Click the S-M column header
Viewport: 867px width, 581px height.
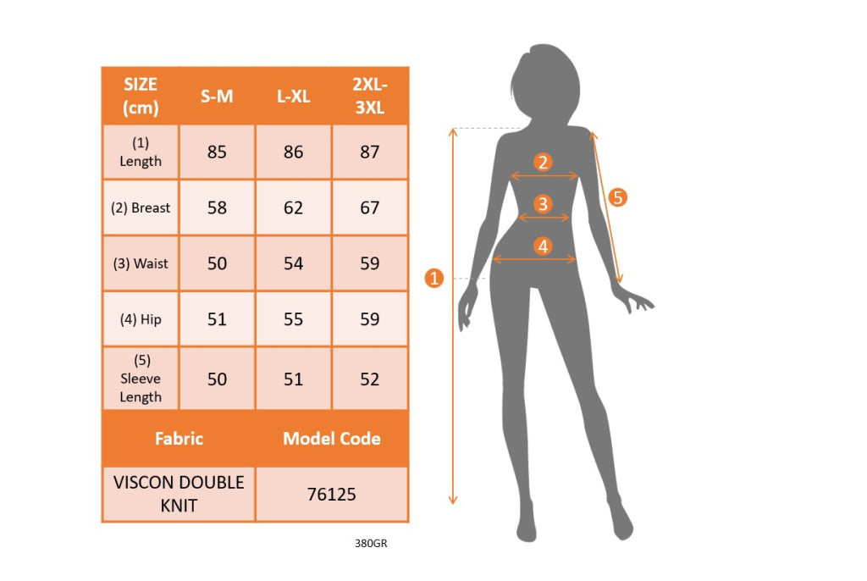tap(217, 97)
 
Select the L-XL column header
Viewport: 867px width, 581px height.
tap(293, 97)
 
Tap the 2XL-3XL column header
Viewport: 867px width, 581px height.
tap(370, 96)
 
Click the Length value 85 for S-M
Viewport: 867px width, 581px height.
tap(217, 152)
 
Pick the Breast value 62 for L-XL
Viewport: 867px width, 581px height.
tap(293, 207)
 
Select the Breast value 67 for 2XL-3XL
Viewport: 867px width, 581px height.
tap(370, 207)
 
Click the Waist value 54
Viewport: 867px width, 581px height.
tap(293, 263)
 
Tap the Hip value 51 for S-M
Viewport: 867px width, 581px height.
tap(217, 319)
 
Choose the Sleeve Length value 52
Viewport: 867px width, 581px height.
tap(370, 379)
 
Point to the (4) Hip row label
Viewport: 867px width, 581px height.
tap(141, 319)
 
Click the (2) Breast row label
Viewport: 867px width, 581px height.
tap(141, 207)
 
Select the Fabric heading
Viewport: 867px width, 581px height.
tap(179, 439)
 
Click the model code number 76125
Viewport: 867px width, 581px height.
tap(332, 494)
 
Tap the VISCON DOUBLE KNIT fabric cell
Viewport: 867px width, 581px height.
tap(179, 494)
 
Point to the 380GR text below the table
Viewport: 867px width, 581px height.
tap(371, 544)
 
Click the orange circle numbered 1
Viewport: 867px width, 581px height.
tap(434, 278)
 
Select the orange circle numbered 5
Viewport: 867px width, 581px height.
tap(617, 197)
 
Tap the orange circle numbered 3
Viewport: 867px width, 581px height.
tap(543, 203)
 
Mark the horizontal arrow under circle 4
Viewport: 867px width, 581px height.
tap(534, 259)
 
